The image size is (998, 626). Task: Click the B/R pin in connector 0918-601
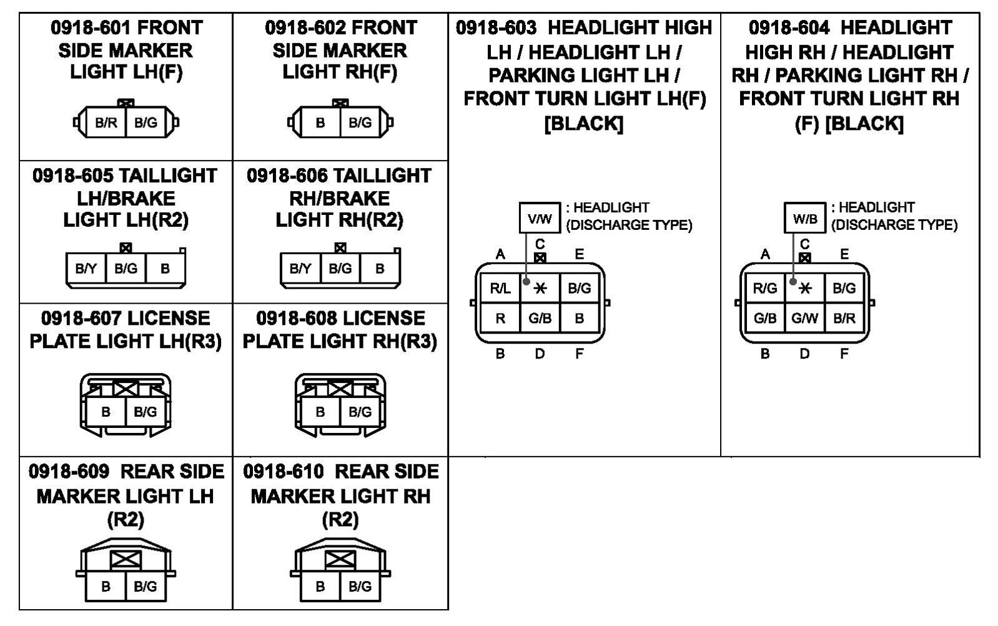[106, 122]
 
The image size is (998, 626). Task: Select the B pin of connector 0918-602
[320, 122]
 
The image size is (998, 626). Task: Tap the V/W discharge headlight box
[540, 218]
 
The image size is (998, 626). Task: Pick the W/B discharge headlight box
[804, 218]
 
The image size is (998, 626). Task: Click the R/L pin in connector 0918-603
[500, 288]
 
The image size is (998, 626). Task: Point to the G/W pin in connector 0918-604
[804, 318]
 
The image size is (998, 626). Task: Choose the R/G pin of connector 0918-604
[764, 288]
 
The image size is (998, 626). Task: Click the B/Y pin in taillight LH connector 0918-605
[86, 268]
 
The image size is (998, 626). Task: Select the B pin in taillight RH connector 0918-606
[380, 268]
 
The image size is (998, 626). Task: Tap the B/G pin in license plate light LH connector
[146, 412]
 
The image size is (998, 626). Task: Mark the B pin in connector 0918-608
[320, 412]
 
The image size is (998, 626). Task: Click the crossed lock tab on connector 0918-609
[126, 560]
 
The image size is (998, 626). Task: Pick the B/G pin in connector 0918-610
[360, 587]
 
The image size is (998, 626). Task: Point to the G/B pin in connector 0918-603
[540, 318]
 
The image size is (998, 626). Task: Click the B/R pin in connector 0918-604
[844, 318]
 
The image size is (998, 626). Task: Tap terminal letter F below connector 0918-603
[579, 354]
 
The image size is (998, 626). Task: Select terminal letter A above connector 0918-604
[765, 254]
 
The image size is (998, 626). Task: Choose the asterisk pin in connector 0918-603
[540, 288]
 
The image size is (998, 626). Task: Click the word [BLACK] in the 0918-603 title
[584, 124]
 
